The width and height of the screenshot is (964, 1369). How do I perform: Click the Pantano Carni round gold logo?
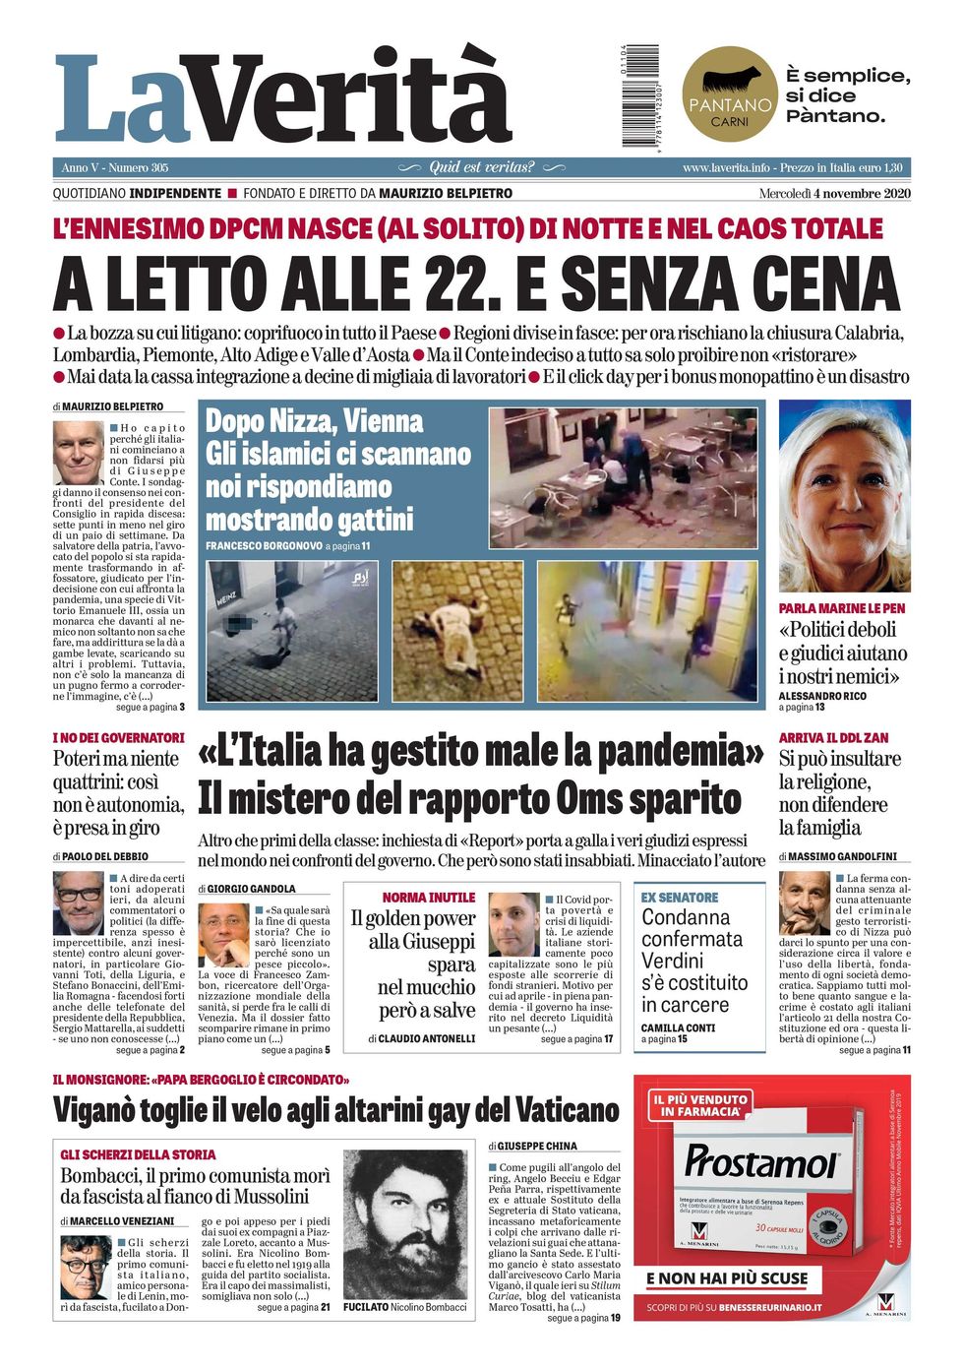(729, 94)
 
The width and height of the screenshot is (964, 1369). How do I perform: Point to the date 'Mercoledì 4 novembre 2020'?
(834, 193)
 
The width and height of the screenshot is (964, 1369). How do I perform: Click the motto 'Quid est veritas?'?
(482, 167)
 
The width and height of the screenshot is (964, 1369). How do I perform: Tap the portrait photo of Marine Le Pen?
(844, 495)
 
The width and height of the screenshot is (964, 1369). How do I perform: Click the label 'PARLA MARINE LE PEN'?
(842, 608)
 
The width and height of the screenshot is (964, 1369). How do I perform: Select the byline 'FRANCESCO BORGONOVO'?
(263, 545)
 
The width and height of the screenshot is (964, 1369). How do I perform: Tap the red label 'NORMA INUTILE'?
(429, 898)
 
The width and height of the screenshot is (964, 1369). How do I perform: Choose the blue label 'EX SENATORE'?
(680, 898)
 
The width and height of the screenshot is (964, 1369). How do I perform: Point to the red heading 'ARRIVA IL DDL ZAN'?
(833, 737)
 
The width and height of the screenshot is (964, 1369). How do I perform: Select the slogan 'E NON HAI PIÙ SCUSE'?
(727, 1278)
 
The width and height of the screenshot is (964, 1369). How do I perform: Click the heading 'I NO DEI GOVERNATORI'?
(118, 737)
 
